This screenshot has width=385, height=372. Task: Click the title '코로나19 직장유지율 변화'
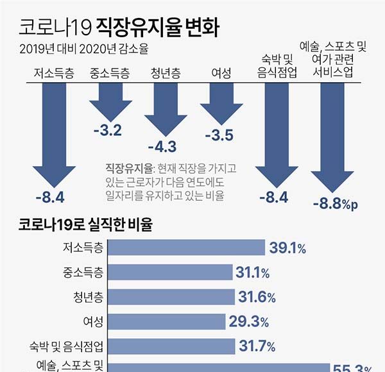coord(119,26)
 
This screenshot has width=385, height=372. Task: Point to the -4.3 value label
coord(162,146)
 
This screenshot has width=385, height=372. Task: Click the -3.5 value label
coord(218,135)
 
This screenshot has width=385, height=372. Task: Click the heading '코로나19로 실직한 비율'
coord(85,224)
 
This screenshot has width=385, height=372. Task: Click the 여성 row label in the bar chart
coord(94,322)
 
